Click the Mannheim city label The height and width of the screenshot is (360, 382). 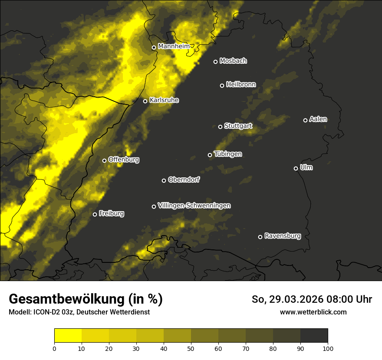pyautogui.click(x=174, y=46)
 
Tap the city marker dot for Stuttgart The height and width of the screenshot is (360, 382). pyautogui.click(x=220, y=127)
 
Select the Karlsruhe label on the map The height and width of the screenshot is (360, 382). pyautogui.click(x=164, y=100)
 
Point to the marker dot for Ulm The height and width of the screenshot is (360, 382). pyautogui.click(x=296, y=168)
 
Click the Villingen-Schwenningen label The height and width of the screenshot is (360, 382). pyautogui.click(x=194, y=206)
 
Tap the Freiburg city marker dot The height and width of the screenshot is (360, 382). pyautogui.click(x=95, y=214)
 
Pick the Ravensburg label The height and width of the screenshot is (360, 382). pyautogui.click(x=283, y=236)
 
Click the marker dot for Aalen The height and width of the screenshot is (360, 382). pyautogui.click(x=305, y=120)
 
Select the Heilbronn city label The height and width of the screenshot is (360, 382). pyautogui.click(x=241, y=85)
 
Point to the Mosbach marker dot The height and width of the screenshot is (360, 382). pyautogui.click(x=215, y=62)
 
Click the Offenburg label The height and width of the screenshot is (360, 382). pyautogui.click(x=124, y=160)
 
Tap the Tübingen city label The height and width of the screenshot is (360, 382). pyautogui.click(x=228, y=154)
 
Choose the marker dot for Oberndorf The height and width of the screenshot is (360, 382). pyautogui.click(x=164, y=180)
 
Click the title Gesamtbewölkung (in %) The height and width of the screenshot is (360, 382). pyautogui.click(x=86, y=299)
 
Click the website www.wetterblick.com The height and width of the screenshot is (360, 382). pyautogui.click(x=313, y=312)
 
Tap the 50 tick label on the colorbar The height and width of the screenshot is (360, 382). pyautogui.click(x=191, y=348)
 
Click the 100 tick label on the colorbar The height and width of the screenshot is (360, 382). pyautogui.click(x=328, y=348)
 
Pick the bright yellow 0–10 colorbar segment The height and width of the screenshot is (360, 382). pyautogui.click(x=68, y=336)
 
